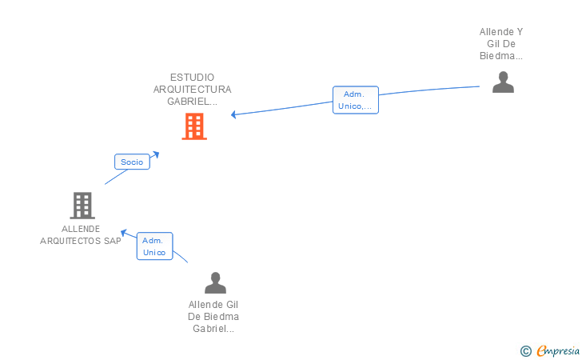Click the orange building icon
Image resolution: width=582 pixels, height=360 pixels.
pyautogui.click(x=194, y=126)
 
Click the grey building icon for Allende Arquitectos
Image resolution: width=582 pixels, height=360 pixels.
pyautogui.click(x=82, y=206)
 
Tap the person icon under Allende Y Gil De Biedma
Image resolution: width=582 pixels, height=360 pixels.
pyautogui.click(x=503, y=82)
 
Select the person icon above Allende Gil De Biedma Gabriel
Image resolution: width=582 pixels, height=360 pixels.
pyautogui.click(x=215, y=283)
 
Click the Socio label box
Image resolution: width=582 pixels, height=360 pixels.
pyautogui.click(x=132, y=162)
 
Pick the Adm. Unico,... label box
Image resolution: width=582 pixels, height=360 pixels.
pyautogui.click(x=355, y=100)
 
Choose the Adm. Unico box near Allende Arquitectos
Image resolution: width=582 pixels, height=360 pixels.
pyautogui.click(x=154, y=246)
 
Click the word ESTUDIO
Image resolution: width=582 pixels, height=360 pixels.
pyautogui.click(x=192, y=78)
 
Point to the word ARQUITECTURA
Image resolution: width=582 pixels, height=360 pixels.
pyautogui.click(x=192, y=90)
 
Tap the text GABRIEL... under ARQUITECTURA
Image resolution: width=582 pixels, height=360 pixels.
pyautogui.click(x=192, y=102)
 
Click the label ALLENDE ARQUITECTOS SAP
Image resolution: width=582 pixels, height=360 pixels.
pyautogui.click(x=81, y=235)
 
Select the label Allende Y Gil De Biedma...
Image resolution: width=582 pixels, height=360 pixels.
pyautogui.click(x=501, y=44)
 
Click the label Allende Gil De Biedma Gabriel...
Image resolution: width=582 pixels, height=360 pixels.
pyautogui.click(x=213, y=316)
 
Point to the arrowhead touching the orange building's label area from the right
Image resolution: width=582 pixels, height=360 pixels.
pyautogui.click(x=234, y=115)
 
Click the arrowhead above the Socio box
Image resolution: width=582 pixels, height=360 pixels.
pyautogui.click(x=156, y=153)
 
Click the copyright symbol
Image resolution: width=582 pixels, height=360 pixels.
pyautogui.click(x=525, y=350)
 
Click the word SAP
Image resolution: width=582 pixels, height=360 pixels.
pyautogui.click(x=112, y=241)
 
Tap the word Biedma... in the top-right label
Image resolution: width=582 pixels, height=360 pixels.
pyautogui.click(x=501, y=56)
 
